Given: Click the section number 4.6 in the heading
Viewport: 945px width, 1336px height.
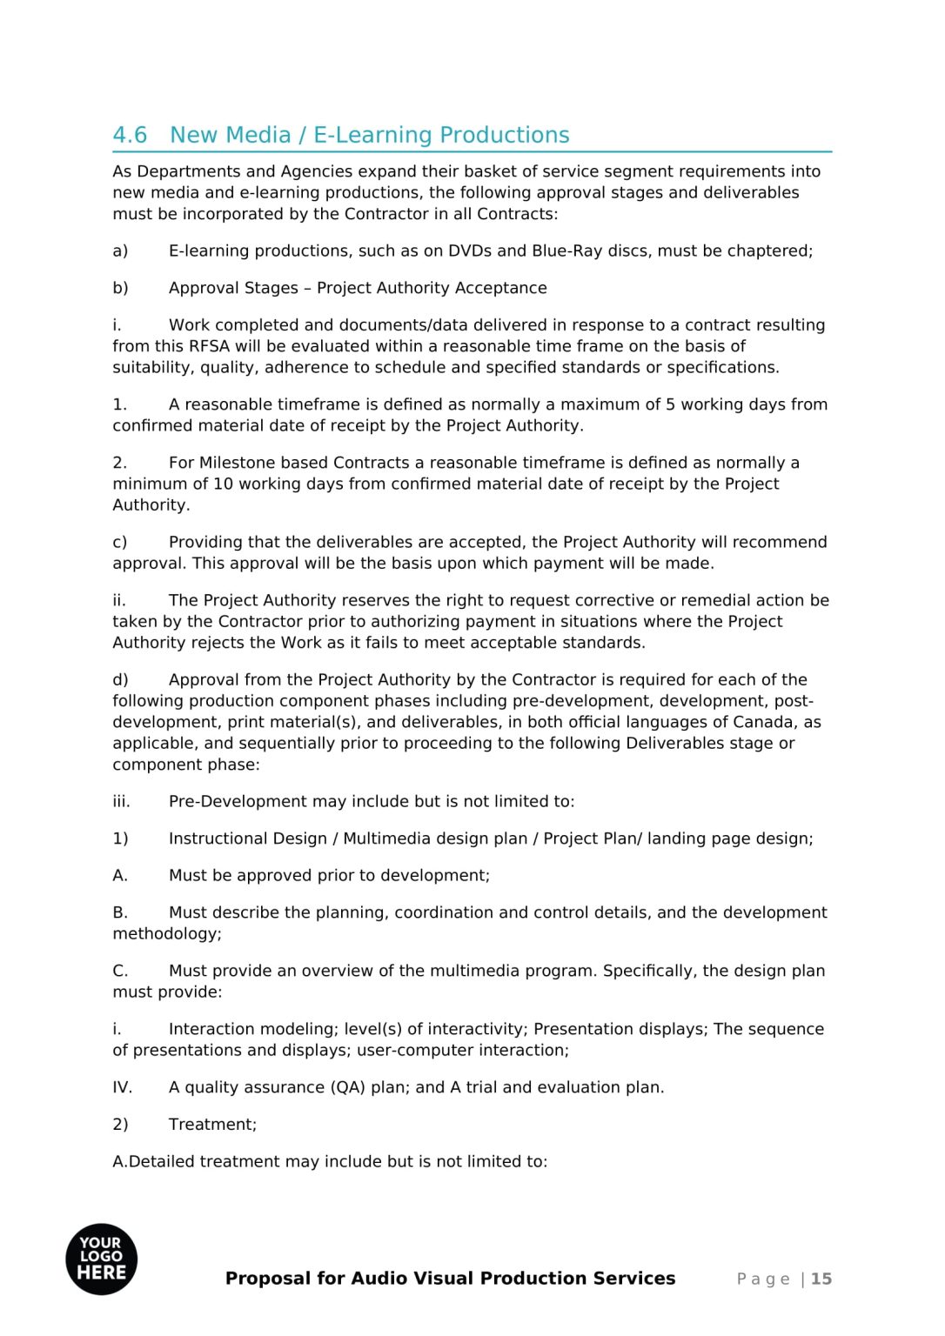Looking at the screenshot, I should click(130, 136).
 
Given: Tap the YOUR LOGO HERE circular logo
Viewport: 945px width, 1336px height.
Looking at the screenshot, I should click(102, 1259).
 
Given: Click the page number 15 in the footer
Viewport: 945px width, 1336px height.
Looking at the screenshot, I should click(821, 1279).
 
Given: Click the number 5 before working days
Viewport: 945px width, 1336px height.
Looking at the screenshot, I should click(671, 404).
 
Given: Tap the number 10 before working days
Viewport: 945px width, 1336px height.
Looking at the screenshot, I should click(223, 484).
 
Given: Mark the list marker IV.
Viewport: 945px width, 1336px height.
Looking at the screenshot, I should click(122, 1087).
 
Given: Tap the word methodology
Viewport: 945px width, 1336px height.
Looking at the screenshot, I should click(165, 934).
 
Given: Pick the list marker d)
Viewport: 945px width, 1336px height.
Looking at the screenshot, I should click(120, 680).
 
